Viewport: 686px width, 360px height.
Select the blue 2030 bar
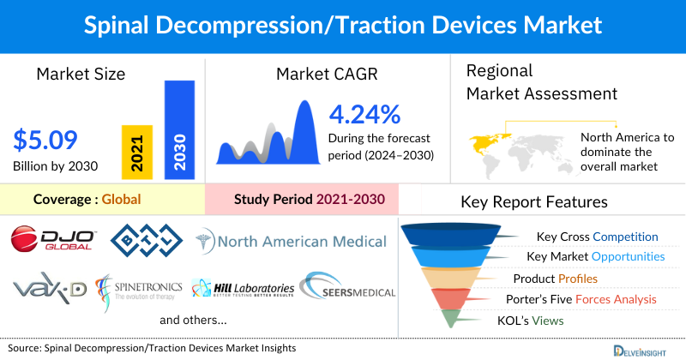click(x=179, y=130)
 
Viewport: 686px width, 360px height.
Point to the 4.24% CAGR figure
click(x=364, y=114)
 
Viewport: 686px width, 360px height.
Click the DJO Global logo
click(x=53, y=239)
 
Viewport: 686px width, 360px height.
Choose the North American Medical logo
click(x=292, y=241)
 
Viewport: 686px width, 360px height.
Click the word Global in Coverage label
click(x=121, y=200)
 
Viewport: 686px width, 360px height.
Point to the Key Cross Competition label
click(x=597, y=237)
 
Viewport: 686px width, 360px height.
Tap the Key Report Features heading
click(x=534, y=202)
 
